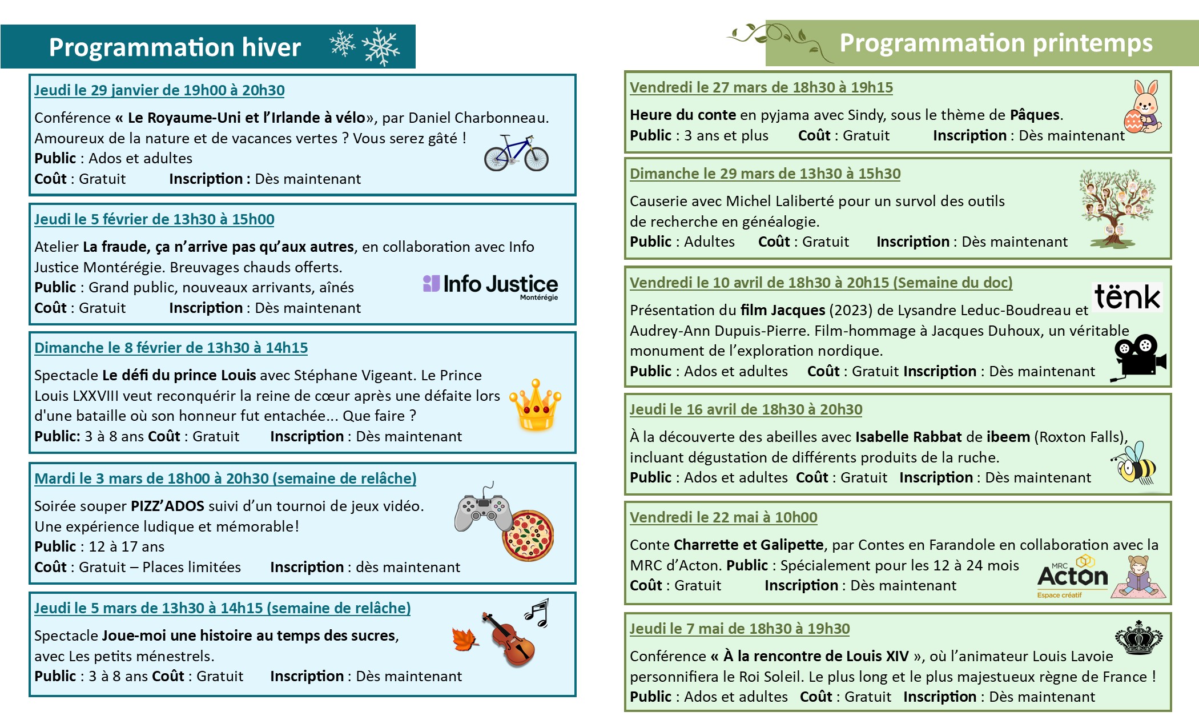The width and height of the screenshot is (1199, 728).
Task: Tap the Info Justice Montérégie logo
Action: coord(490,285)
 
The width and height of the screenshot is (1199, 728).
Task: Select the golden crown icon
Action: coord(535,405)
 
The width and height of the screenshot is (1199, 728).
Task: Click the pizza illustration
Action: coord(528,536)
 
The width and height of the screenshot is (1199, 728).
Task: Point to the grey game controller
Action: coord(483,510)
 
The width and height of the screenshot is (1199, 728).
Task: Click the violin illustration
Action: coord(509,639)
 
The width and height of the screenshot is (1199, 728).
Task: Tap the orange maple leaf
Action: coord(465,639)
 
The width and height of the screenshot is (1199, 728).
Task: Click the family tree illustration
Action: coord(1117,208)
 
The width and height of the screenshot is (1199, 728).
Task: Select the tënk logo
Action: coord(1127,297)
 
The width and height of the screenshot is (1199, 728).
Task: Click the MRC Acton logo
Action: coord(1072,577)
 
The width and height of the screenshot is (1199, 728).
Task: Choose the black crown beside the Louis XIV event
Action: coord(1138,638)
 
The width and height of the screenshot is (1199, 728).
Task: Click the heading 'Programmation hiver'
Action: coord(175,47)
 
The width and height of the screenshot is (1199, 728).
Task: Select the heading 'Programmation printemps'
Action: coord(996,43)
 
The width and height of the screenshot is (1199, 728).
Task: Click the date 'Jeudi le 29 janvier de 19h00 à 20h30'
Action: coord(159,90)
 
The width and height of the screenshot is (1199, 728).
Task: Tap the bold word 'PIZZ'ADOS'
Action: coord(167,506)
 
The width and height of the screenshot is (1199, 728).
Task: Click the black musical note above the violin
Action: coord(537,613)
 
